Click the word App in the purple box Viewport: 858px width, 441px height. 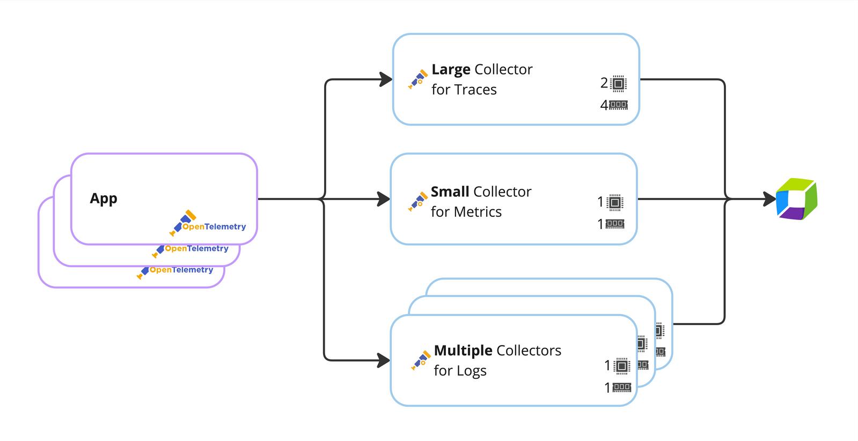pos(104,199)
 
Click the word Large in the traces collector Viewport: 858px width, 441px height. pos(451,70)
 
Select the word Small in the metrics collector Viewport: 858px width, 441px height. pos(450,192)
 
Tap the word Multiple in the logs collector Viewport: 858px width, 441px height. pos(463,351)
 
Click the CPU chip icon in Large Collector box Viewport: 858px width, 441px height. pos(619,83)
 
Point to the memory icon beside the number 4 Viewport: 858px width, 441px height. pos(619,105)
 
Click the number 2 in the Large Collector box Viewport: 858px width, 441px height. pos(604,83)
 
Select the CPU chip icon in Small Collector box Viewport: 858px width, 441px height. pos(615,202)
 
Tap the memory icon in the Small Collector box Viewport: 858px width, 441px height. pos(615,224)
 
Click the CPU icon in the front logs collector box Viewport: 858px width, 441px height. pos(621,366)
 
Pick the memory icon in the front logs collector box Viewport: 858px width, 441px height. pos(621,387)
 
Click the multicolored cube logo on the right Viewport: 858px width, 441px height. pos(796,199)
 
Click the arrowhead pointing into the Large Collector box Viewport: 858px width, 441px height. pos(386,79)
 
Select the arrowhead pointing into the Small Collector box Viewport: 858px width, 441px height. pos(384,199)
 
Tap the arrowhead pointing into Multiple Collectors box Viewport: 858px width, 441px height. pos(384,360)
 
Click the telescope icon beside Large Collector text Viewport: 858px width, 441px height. pos(418,79)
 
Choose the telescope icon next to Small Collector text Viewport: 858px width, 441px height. pos(417,202)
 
